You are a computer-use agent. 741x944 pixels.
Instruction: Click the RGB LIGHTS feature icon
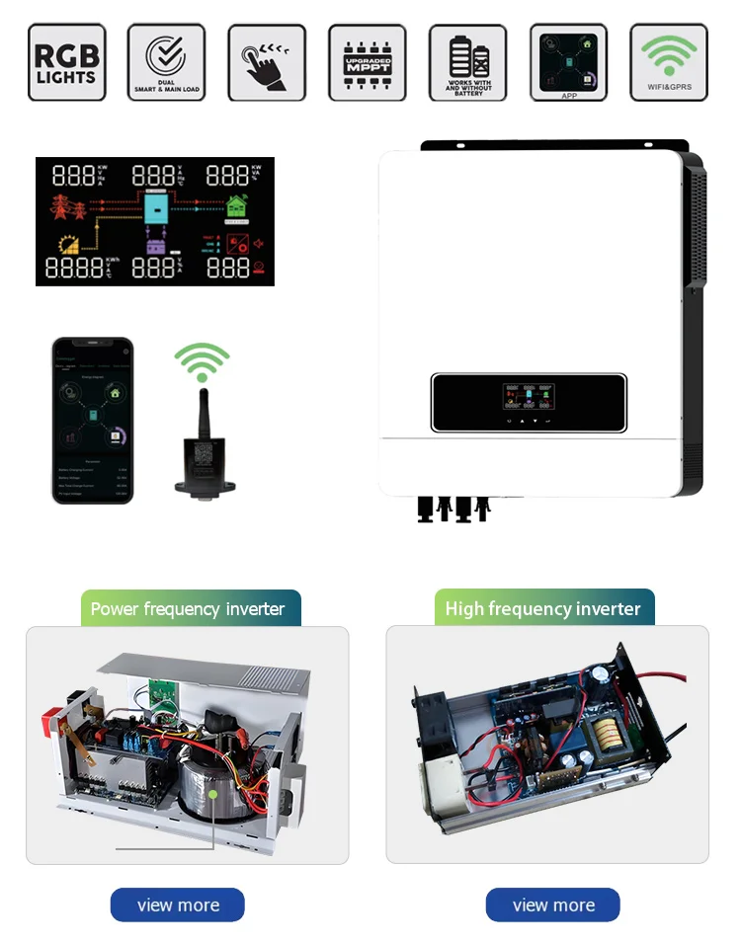[67, 62]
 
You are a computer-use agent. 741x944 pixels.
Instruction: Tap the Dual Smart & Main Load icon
[167, 62]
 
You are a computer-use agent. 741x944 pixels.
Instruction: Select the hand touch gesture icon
[267, 62]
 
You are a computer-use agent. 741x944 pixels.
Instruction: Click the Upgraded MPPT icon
[367, 62]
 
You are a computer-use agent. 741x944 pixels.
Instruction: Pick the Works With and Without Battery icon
[467, 62]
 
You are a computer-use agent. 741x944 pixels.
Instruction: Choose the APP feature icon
[568, 62]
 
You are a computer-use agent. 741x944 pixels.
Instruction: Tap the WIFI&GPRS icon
[669, 62]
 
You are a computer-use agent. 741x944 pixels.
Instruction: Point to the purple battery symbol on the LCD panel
[155, 248]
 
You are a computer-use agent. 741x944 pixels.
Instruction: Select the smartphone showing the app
[92, 420]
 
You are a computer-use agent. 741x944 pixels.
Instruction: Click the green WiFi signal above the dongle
[203, 362]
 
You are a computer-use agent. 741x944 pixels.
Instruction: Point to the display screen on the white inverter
[529, 402]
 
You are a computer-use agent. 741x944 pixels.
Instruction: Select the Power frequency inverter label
[188, 608]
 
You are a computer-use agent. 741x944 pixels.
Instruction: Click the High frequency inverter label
[543, 608]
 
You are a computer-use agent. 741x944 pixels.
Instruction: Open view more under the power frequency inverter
[178, 905]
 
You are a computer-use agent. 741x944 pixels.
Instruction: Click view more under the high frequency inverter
[553, 905]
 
